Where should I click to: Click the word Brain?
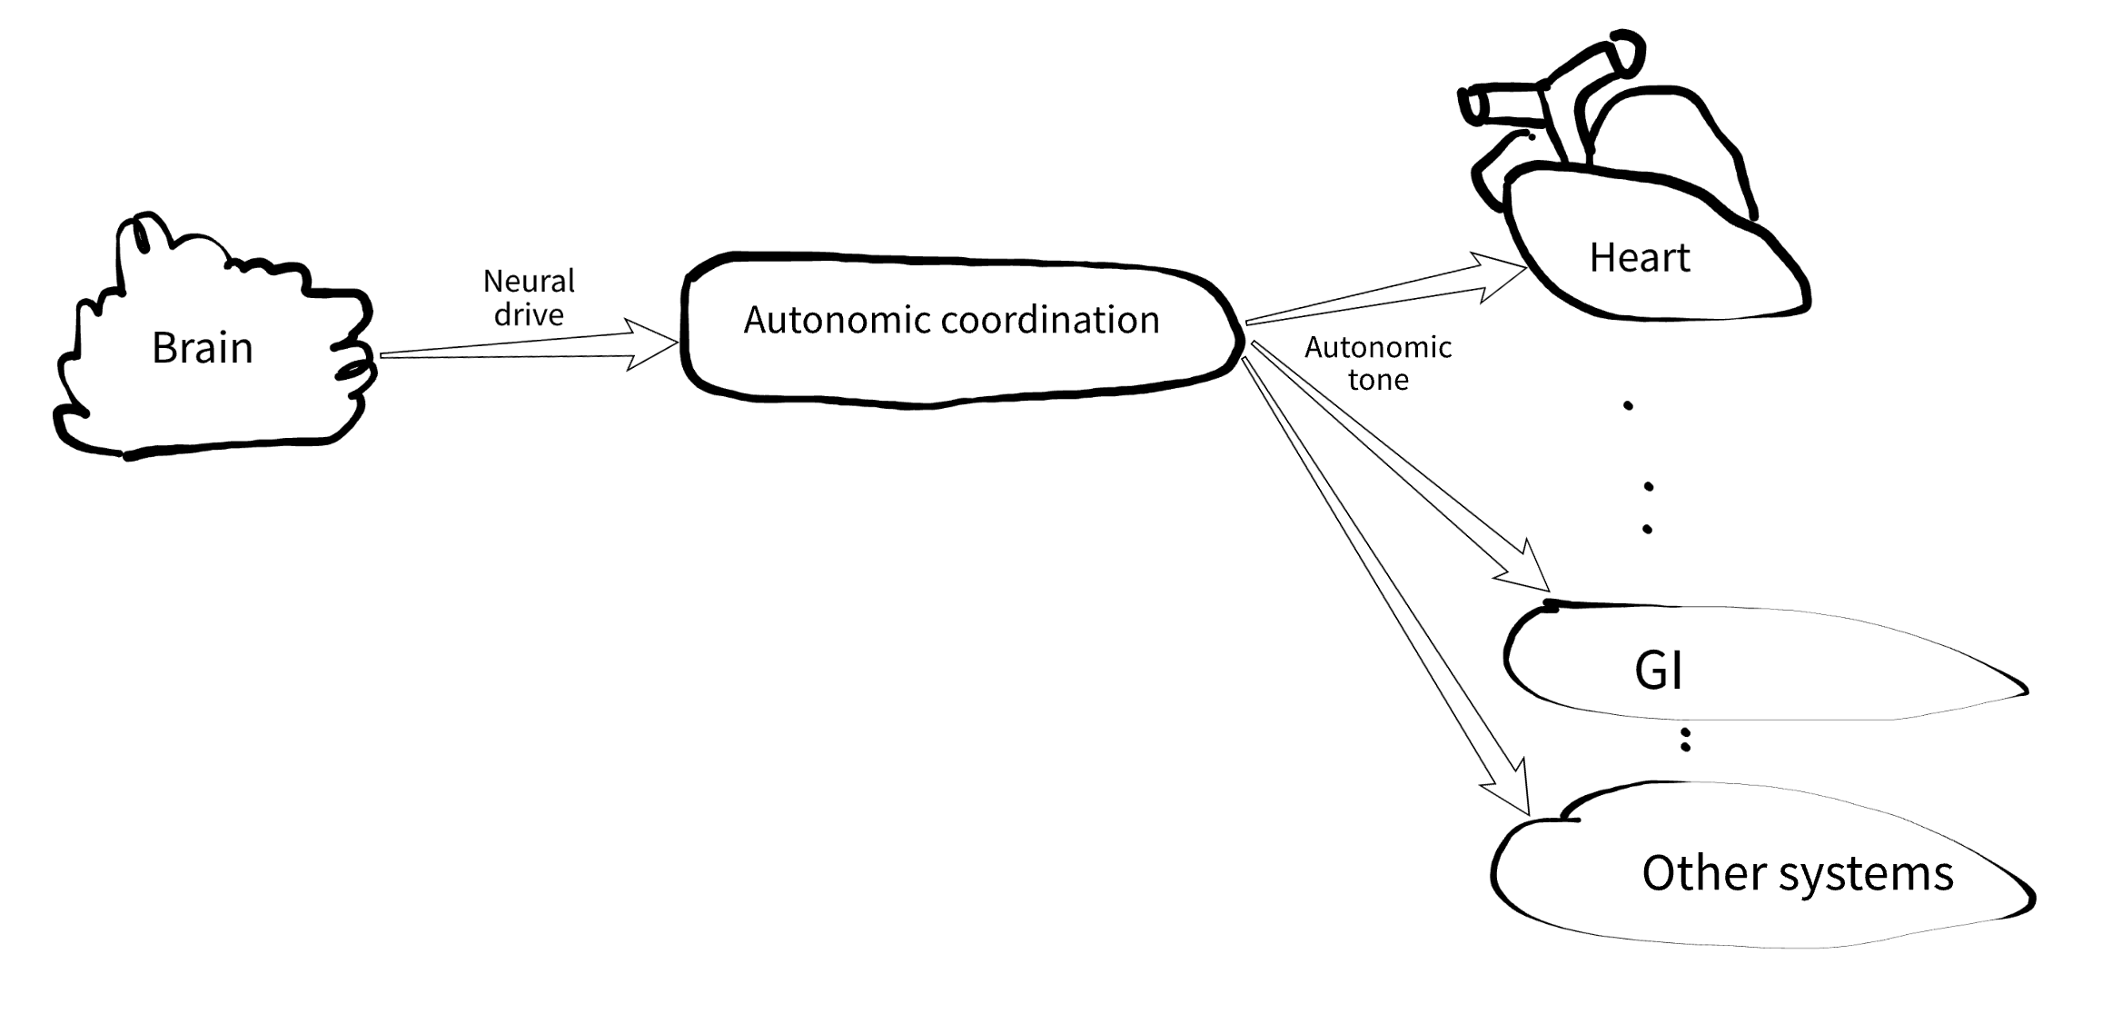[202, 348]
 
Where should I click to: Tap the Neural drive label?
[529, 297]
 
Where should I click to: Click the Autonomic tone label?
[1378, 363]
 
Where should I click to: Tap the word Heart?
[1639, 258]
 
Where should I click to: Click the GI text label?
[1658, 671]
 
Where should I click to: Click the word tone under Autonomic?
[1378, 380]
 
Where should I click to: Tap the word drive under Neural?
[529, 314]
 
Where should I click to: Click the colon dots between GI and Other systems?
[1685, 739]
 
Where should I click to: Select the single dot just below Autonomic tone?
[1628, 406]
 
